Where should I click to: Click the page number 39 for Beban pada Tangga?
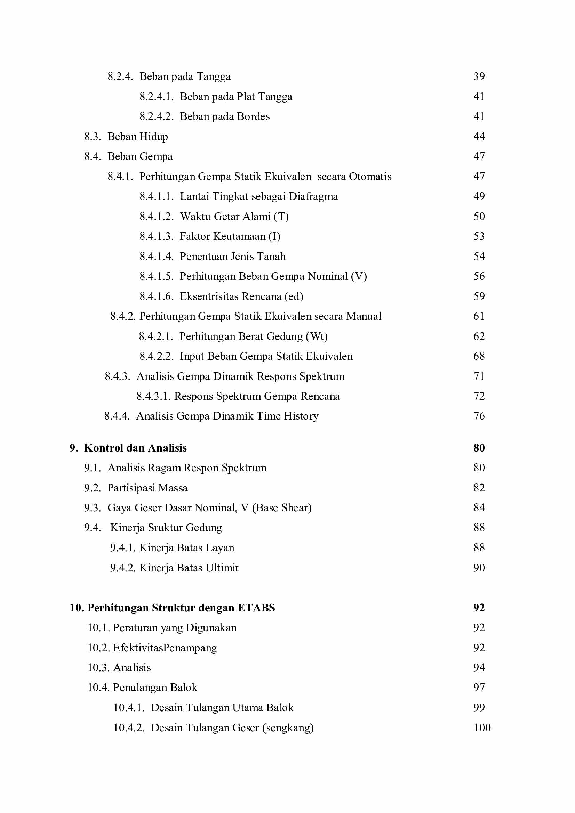479,76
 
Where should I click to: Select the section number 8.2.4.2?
156,116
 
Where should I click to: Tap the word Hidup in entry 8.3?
153,137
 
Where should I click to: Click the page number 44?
479,136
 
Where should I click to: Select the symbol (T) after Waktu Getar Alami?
281,216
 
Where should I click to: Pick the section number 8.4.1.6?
156,296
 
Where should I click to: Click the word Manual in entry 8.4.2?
364,316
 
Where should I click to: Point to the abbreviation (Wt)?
317,336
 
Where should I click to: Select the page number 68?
479,356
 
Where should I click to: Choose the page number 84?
479,508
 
